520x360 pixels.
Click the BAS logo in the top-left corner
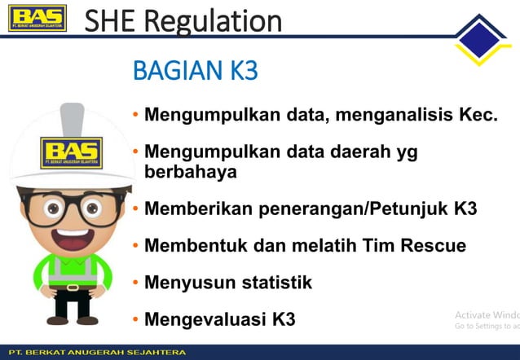tap(37, 19)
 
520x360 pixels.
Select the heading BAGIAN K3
tap(195, 71)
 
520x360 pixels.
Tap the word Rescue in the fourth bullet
tap(437, 245)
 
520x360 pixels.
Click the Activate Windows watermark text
tap(487, 315)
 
